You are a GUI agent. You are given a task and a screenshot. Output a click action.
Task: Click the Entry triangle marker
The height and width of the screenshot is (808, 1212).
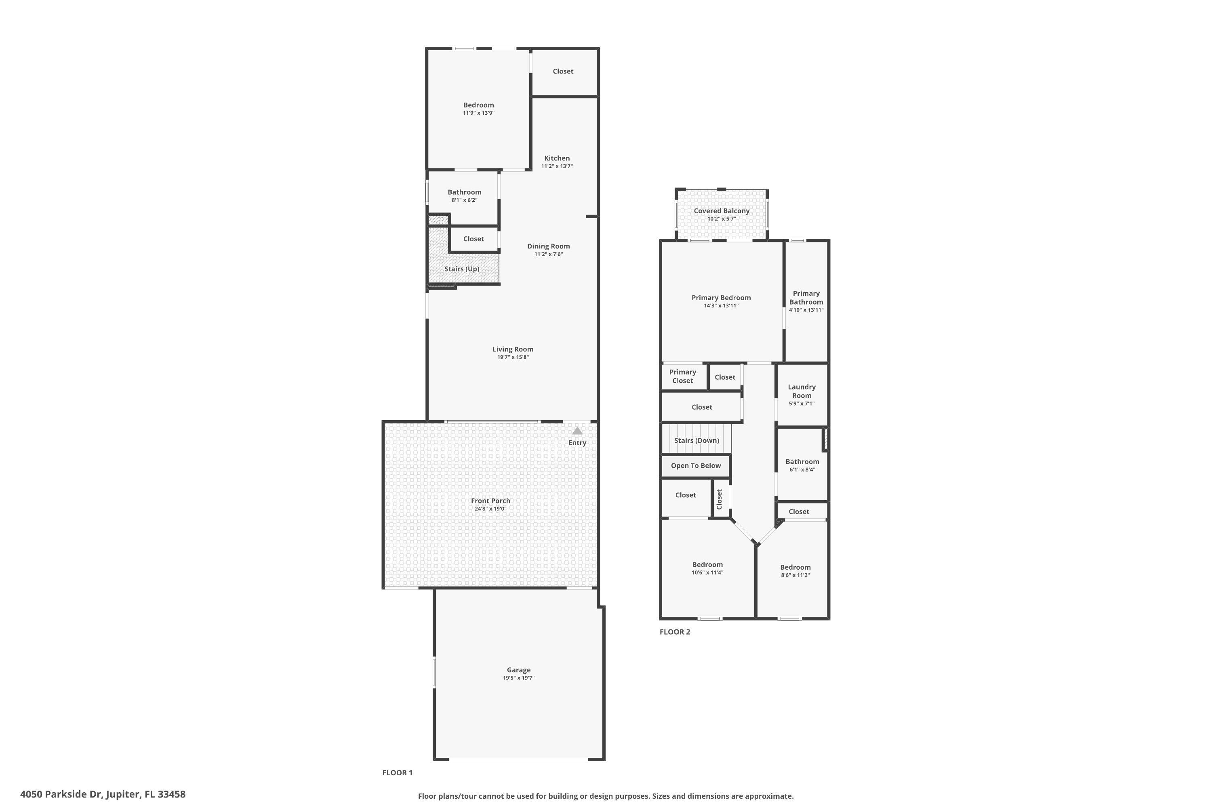577,431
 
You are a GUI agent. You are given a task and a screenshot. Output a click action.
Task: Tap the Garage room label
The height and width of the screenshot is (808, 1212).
518,670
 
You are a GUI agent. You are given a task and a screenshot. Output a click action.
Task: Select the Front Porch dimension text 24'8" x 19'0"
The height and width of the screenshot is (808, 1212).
490,509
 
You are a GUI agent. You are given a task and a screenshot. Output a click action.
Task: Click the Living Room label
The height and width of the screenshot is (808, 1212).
513,349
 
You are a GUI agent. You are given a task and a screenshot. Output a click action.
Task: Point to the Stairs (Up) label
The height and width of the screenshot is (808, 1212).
462,269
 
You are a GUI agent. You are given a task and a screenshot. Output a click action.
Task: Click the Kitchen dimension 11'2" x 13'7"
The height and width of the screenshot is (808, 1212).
557,166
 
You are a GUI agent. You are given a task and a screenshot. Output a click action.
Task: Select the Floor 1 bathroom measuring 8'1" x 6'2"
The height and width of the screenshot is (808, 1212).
464,196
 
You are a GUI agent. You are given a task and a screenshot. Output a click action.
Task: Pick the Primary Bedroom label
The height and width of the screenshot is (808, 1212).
721,298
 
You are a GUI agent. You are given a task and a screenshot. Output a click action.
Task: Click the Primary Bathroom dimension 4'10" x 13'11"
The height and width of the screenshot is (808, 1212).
806,310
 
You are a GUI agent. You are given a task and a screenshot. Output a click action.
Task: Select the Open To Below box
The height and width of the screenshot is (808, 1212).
696,466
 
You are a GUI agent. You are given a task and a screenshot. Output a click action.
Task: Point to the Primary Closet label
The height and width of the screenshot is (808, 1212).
682,376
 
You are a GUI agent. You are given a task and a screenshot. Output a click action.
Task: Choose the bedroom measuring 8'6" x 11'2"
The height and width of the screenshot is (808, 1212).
795,570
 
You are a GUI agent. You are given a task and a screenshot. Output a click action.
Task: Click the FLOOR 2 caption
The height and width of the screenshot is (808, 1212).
675,632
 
